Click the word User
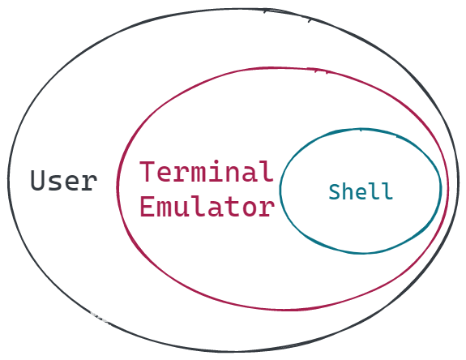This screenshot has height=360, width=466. [64, 180]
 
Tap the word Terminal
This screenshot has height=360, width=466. [207, 171]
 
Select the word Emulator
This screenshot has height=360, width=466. [207, 206]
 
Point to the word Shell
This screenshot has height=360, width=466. [361, 191]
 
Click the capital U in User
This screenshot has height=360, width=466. [38, 180]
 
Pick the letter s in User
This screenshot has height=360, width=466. [55, 182]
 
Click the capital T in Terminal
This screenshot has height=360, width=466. [147, 171]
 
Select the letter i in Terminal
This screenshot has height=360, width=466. [216, 171]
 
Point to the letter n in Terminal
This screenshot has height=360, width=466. [232, 174]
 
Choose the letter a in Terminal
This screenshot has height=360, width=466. [250, 174]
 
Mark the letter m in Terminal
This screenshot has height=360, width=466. [199, 174]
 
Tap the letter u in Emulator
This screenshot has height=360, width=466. [182, 209]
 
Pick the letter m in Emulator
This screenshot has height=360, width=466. [165, 208]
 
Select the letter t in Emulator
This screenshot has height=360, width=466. [233, 207]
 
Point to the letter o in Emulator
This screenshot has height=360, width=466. [250, 208]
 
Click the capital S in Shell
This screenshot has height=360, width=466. [335, 191]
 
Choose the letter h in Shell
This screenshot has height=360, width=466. [348, 191]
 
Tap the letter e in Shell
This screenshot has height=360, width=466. [361, 193]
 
